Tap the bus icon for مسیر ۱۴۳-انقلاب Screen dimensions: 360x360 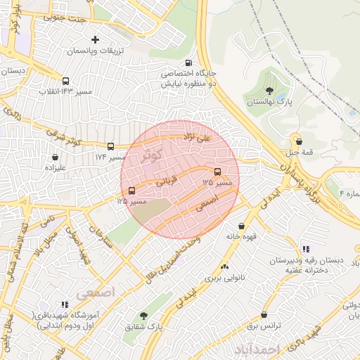65,81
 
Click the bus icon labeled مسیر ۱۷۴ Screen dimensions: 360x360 110,146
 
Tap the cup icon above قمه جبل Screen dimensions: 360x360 298,141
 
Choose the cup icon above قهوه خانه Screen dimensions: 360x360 242,226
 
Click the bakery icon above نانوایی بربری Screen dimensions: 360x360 224,266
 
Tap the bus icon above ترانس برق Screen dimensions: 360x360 264,316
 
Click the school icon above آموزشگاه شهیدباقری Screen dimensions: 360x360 65,304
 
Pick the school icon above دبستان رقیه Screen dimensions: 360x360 305,248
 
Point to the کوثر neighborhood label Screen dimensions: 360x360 151,153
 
